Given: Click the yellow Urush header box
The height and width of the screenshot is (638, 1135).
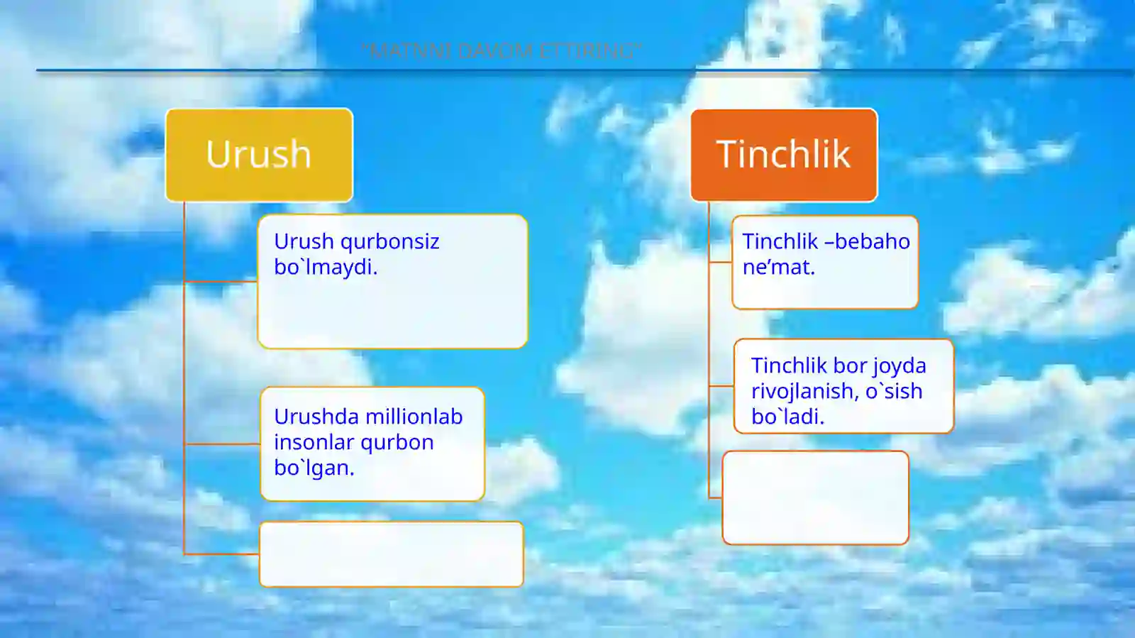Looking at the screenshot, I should [x=259, y=155].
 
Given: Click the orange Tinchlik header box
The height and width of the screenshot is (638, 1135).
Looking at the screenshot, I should [x=784, y=155].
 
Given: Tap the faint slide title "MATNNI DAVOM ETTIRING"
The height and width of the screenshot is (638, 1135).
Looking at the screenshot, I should [x=501, y=51].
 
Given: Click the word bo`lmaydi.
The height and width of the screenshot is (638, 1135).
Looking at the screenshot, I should [x=326, y=268].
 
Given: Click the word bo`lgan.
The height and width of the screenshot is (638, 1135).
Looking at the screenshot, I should [x=314, y=468].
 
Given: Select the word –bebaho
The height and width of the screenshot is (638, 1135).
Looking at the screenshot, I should [x=868, y=242].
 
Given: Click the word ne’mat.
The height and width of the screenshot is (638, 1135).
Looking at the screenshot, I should [x=778, y=268].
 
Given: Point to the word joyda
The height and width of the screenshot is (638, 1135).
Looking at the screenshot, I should [x=899, y=366].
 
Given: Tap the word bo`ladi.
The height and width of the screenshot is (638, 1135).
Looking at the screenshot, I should [x=787, y=417].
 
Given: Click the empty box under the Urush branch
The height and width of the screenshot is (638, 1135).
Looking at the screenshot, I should [x=392, y=554].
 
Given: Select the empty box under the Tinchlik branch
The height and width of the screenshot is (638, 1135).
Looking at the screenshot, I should [x=815, y=497].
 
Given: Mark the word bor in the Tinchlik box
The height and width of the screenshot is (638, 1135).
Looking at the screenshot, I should [x=849, y=366].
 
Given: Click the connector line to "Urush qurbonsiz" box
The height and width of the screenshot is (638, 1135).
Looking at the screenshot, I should [x=221, y=282].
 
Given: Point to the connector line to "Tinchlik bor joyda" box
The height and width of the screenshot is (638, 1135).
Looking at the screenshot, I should [x=721, y=386].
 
